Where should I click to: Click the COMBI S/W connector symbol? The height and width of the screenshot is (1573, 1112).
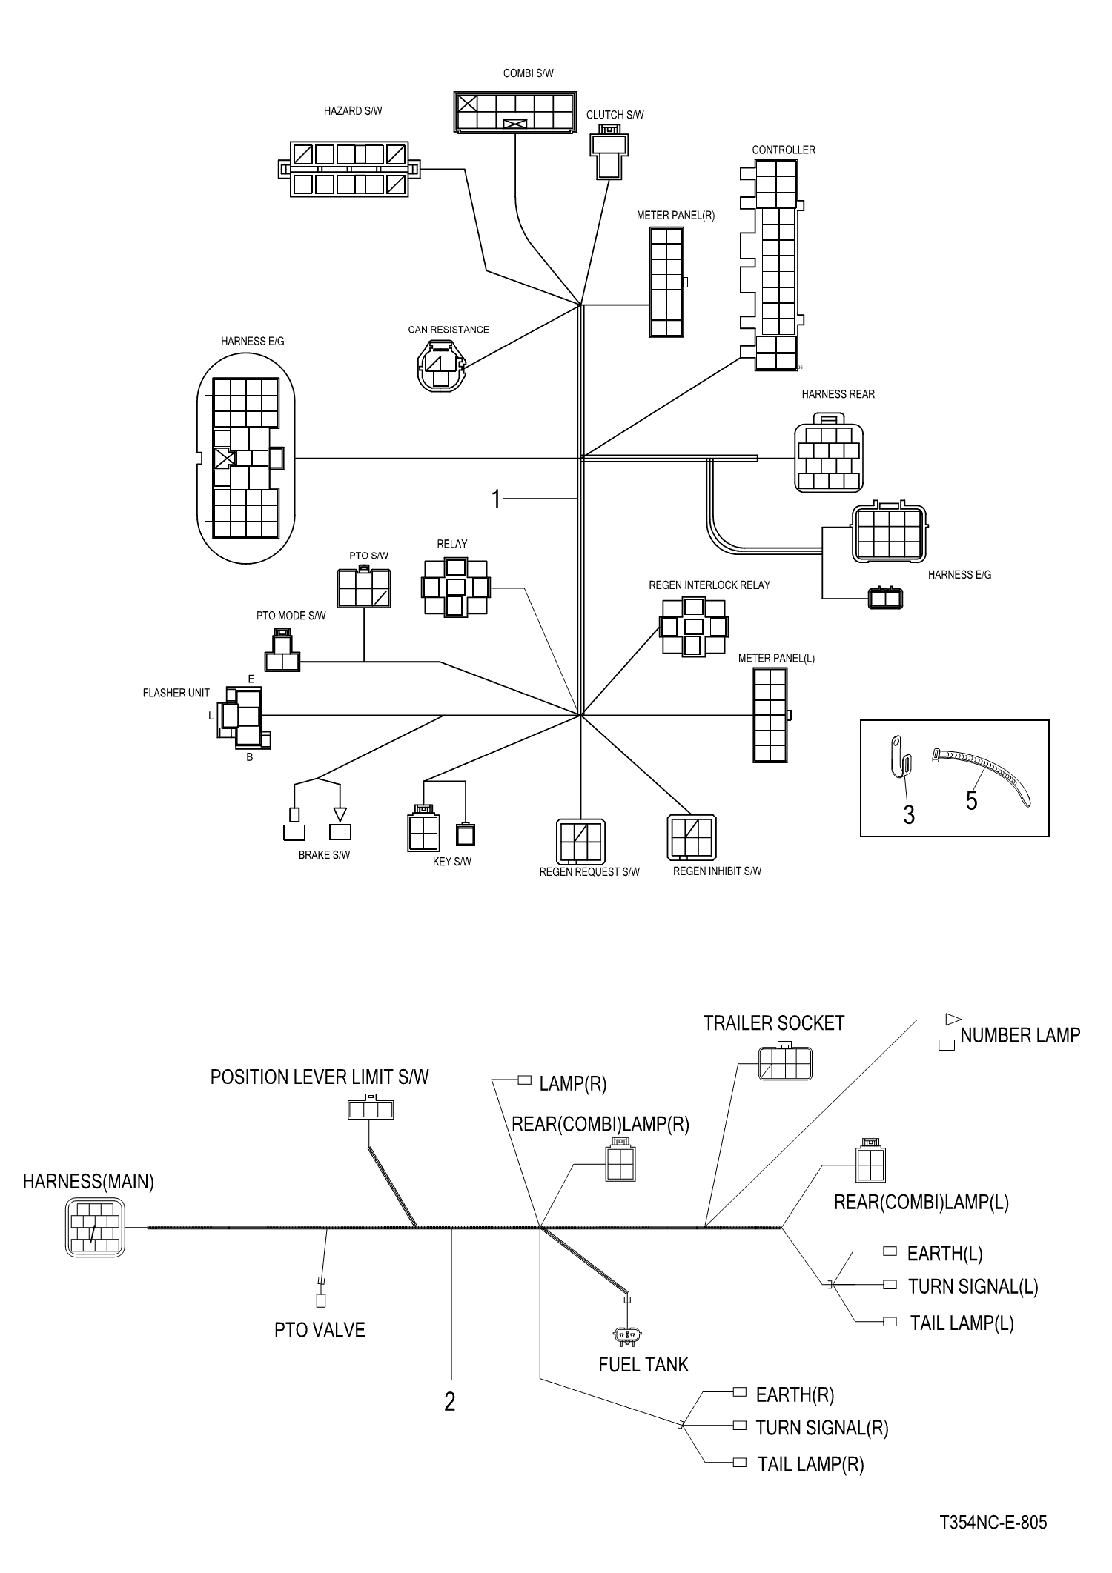(x=514, y=113)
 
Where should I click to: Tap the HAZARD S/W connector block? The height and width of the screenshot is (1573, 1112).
(x=349, y=170)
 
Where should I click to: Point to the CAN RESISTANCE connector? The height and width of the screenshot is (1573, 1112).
(x=442, y=365)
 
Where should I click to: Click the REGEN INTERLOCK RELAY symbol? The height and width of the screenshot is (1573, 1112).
(x=693, y=627)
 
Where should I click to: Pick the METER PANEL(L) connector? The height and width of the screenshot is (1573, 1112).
(x=770, y=715)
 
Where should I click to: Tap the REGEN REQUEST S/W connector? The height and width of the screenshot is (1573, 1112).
(x=580, y=841)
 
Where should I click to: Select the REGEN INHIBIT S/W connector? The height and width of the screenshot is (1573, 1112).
(x=692, y=837)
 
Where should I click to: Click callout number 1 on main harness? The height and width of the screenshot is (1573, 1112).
(x=496, y=500)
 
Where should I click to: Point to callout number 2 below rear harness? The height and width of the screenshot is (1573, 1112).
(x=449, y=1402)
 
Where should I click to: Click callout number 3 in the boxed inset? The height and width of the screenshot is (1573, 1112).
(x=909, y=815)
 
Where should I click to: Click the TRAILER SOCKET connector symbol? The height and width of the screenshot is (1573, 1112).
(x=785, y=1063)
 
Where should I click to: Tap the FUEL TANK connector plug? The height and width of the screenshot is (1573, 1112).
(x=628, y=1336)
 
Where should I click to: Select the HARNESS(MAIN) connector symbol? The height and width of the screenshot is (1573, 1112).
(x=95, y=1228)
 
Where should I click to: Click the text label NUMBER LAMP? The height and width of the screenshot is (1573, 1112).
(x=1020, y=1036)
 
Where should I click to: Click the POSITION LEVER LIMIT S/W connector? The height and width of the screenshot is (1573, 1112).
(x=370, y=1109)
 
